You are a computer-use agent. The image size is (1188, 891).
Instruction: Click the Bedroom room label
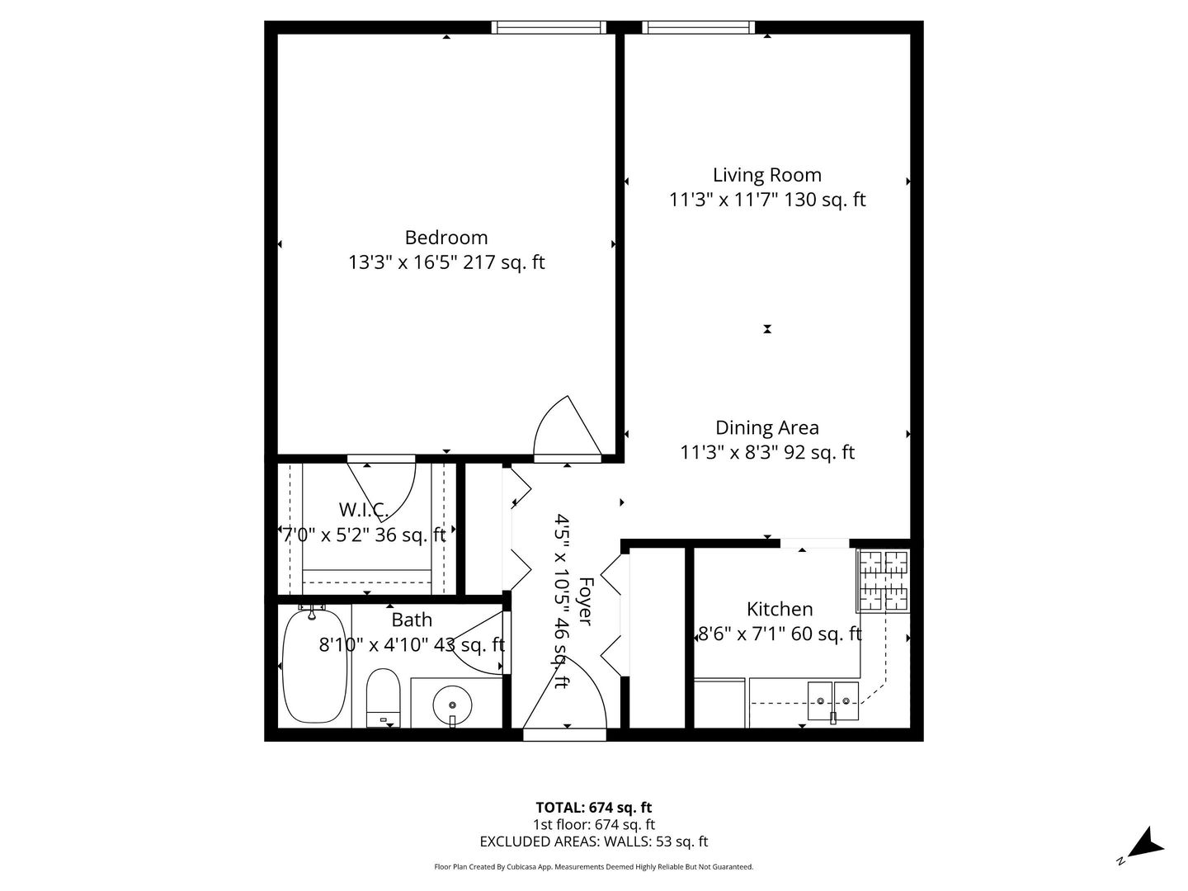click(x=445, y=238)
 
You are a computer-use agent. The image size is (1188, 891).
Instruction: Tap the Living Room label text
click(x=766, y=175)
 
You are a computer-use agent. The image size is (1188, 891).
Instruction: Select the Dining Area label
click(x=766, y=427)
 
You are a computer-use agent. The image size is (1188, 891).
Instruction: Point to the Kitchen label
click(x=780, y=609)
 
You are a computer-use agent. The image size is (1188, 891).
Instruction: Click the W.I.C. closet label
click(x=363, y=510)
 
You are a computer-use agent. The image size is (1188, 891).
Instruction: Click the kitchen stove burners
click(x=884, y=581)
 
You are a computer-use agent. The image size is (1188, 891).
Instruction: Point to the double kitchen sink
click(x=833, y=702)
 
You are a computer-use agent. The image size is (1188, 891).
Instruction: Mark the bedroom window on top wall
click(x=549, y=27)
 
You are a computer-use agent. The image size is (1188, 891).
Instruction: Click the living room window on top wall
click(x=698, y=27)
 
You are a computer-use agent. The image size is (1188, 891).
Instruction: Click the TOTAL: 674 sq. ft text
click(x=593, y=808)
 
